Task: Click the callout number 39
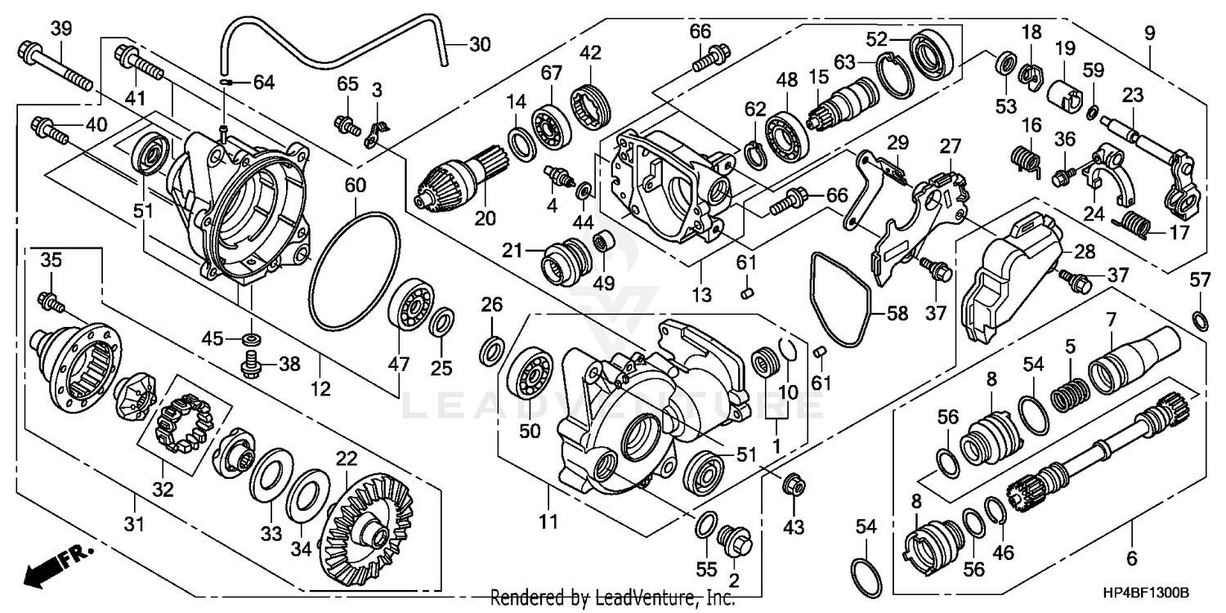click(x=61, y=29)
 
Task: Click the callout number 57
click(x=1199, y=280)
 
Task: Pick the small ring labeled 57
click(x=1200, y=318)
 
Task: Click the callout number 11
click(x=548, y=521)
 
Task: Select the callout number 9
click(x=1150, y=34)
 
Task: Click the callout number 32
click(x=163, y=490)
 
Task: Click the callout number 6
click(x=1132, y=559)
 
